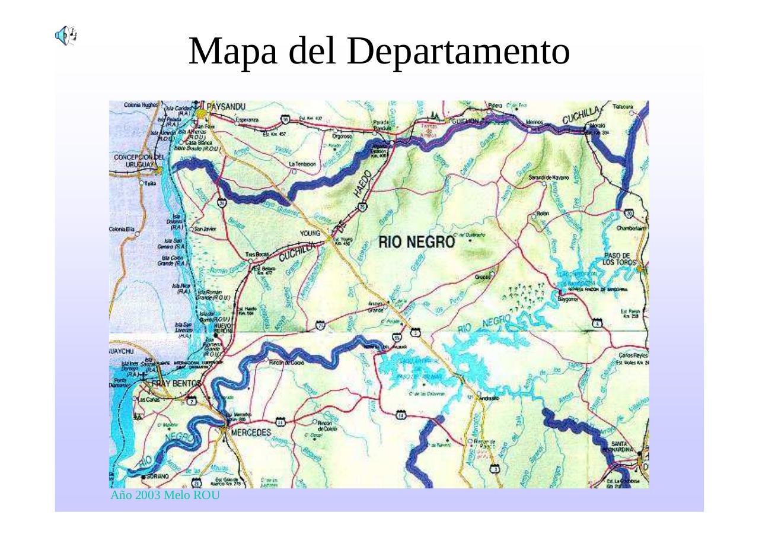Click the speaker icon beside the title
(x=66, y=36)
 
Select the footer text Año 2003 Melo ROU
(x=165, y=495)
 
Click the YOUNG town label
(x=310, y=233)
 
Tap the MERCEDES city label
(x=250, y=432)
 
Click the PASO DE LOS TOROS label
(x=620, y=259)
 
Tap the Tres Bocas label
(x=257, y=255)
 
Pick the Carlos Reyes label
(x=632, y=355)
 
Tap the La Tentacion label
(x=302, y=164)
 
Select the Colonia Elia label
(x=122, y=229)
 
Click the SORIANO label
(x=157, y=476)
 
